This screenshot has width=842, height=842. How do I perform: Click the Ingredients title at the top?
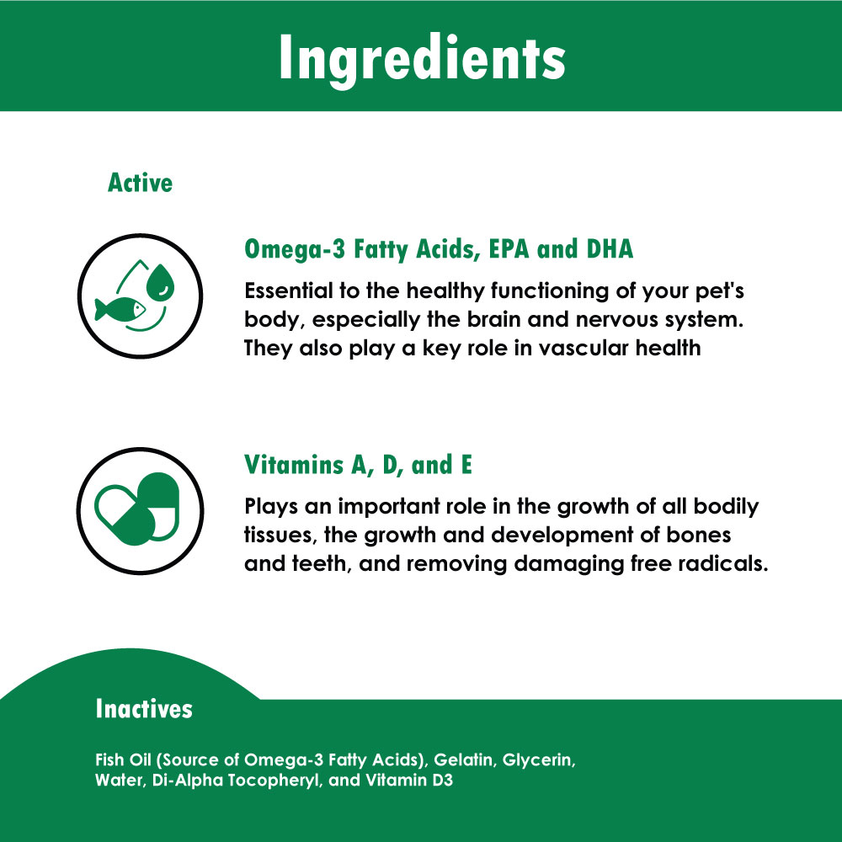click(x=422, y=59)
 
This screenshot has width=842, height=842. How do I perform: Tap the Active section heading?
click(x=140, y=183)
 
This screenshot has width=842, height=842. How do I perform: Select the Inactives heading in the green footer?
click(x=144, y=708)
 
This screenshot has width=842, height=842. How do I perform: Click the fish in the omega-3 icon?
click(x=120, y=309)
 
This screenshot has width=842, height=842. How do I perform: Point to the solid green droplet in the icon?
click(x=161, y=281)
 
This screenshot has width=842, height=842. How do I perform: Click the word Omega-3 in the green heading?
click(x=295, y=250)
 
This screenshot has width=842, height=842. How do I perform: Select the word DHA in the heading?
click(x=610, y=248)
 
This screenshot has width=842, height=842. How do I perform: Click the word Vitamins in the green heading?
click(x=294, y=465)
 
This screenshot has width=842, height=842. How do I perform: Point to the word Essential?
click(x=289, y=290)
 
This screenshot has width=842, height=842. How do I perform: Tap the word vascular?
click(x=584, y=348)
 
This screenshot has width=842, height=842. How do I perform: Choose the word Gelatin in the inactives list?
click(x=463, y=759)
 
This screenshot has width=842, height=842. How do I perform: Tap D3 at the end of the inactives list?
click(x=443, y=780)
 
